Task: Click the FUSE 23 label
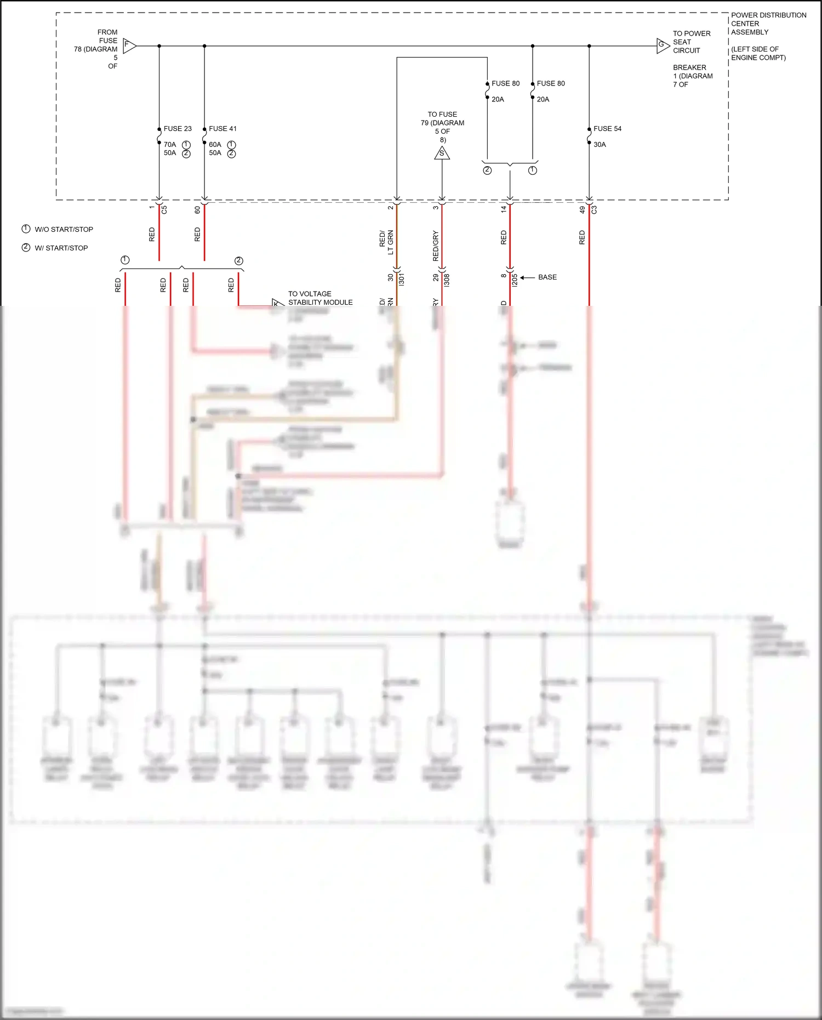click(178, 129)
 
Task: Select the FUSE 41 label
click(222, 129)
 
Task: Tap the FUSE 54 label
click(607, 129)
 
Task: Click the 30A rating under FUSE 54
click(600, 145)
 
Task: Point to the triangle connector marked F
click(129, 45)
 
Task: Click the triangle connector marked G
click(663, 45)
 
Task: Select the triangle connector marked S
click(442, 153)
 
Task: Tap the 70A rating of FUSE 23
click(170, 145)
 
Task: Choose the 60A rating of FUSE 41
click(215, 145)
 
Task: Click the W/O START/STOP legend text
click(64, 230)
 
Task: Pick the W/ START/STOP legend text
click(61, 248)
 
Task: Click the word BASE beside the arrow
click(547, 277)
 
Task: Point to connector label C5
click(164, 209)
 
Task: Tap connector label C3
click(594, 209)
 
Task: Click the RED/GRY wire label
click(436, 246)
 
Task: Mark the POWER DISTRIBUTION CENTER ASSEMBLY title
click(768, 24)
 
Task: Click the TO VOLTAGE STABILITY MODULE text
click(320, 298)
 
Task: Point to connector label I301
click(402, 279)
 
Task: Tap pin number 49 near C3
click(583, 209)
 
